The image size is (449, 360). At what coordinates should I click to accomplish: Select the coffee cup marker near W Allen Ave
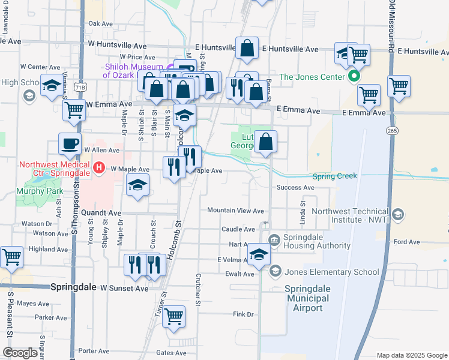tap(70, 144)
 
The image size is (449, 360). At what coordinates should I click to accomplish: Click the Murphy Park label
tap(40, 191)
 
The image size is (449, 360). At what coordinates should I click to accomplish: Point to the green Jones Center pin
tap(354, 76)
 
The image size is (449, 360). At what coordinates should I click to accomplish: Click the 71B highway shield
tap(80, 88)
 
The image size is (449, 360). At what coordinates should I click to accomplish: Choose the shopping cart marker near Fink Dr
tap(173, 316)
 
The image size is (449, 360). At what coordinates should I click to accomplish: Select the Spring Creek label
tap(334, 176)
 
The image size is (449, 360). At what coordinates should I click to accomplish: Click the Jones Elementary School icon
tap(274, 272)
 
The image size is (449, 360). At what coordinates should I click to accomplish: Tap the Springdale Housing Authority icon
tap(274, 240)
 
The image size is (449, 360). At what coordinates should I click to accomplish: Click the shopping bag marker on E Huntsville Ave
tap(247, 48)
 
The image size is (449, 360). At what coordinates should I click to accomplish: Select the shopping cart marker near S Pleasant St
tap(11, 257)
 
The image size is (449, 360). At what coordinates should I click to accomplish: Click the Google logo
tap(20, 353)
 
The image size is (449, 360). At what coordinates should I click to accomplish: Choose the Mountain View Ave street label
tap(235, 211)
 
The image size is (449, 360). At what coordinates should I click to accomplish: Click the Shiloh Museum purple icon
tap(172, 67)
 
